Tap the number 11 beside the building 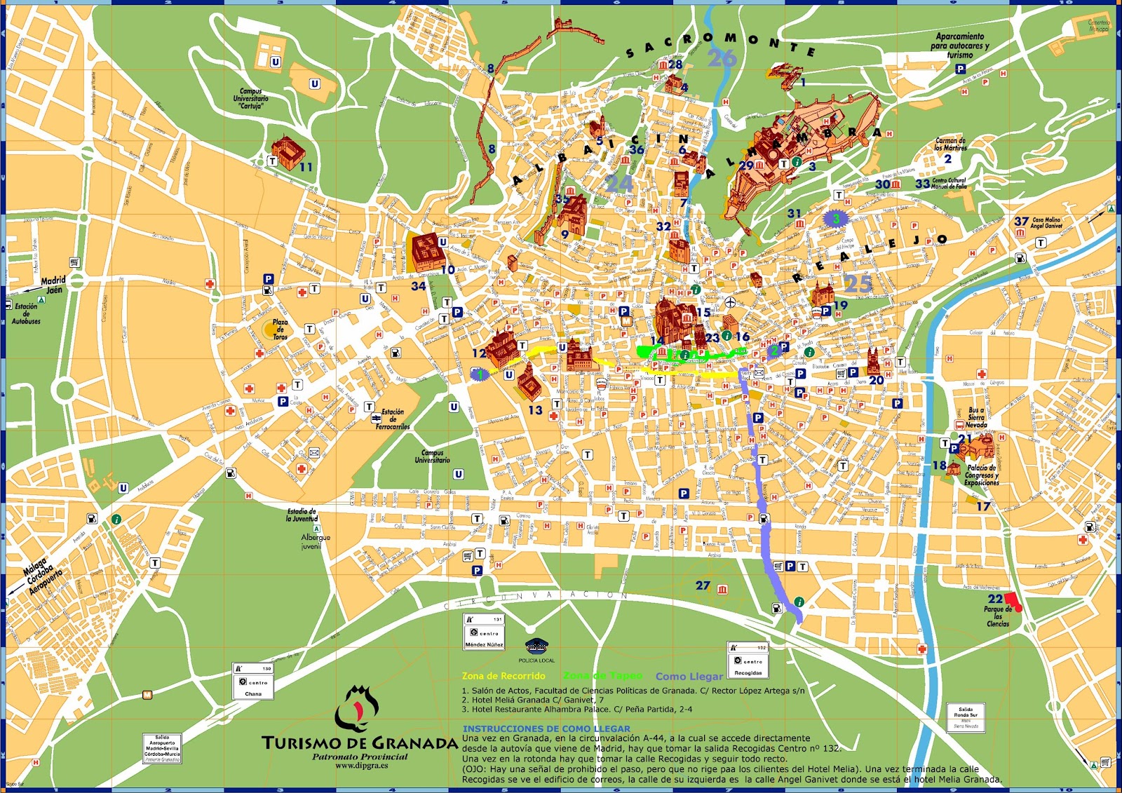point(306,167)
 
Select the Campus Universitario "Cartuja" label point(251,99)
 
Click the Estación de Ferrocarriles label point(393,419)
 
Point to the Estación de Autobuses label point(26,313)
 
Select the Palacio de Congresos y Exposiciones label point(981,475)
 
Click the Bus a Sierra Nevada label point(976,417)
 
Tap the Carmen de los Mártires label point(950,144)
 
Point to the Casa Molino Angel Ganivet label point(1046,222)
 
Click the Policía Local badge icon point(536,646)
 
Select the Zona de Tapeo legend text point(602,676)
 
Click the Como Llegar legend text point(689,677)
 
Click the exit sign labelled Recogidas point(748,660)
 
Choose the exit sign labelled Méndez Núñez point(484,632)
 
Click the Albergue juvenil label point(316,541)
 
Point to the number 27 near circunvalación point(703,585)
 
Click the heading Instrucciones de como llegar point(546,728)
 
